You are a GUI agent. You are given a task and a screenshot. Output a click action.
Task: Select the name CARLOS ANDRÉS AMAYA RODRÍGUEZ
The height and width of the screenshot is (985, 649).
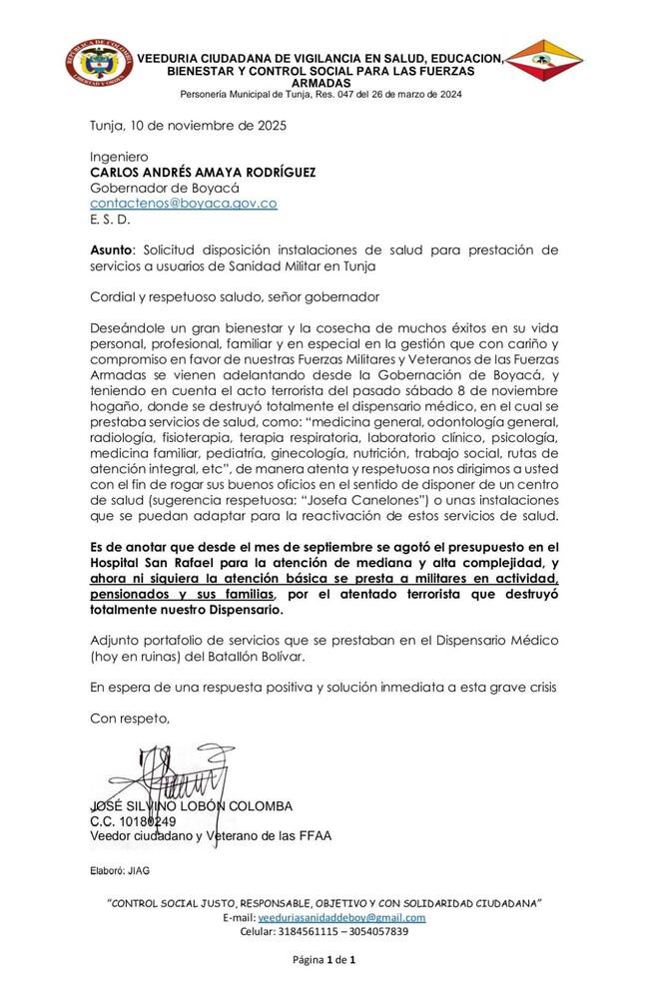(203, 172)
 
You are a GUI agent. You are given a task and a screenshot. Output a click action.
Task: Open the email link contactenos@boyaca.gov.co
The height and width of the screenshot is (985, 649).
(184, 203)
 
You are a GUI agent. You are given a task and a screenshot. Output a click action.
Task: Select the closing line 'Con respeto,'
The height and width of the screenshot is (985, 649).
(130, 717)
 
